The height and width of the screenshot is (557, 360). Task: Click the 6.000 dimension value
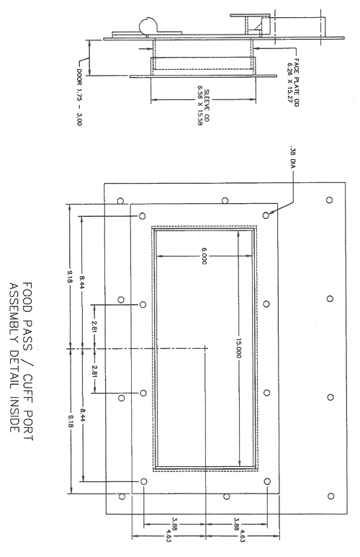click(204, 256)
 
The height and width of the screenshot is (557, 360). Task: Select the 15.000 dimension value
click(238, 349)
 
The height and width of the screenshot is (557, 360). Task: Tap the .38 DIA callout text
click(293, 156)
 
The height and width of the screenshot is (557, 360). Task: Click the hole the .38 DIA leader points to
click(266, 215)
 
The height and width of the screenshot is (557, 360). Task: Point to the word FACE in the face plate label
click(297, 65)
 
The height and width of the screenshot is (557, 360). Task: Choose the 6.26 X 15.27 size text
click(290, 82)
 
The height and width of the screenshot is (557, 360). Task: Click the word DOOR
click(78, 76)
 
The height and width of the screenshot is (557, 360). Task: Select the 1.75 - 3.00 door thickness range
click(78, 105)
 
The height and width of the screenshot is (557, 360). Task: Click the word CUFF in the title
click(27, 389)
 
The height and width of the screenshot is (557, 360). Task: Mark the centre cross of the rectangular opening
click(205, 349)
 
